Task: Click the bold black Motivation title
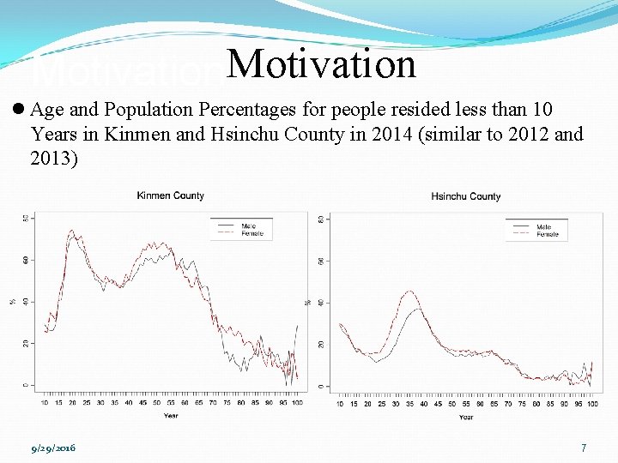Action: pos(322,64)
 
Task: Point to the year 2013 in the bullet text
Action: pos(54,159)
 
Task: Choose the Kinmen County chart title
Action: pos(171,195)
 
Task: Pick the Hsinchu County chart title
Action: pos(465,196)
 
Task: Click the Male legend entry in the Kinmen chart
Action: pos(248,225)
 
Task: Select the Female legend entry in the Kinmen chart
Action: pos(251,233)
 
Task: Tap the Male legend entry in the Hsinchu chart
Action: pos(544,227)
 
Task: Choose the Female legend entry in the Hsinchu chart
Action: pos(547,234)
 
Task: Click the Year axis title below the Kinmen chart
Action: pos(172,416)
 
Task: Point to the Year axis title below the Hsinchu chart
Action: pos(465,417)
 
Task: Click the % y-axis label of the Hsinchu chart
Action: pos(307,302)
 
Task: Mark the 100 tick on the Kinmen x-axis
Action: pos(297,402)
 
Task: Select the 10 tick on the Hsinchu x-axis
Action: pos(341,404)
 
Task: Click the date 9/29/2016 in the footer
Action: pos(53,448)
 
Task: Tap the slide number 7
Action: pos(584,448)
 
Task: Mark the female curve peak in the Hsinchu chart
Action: pos(410,292)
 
